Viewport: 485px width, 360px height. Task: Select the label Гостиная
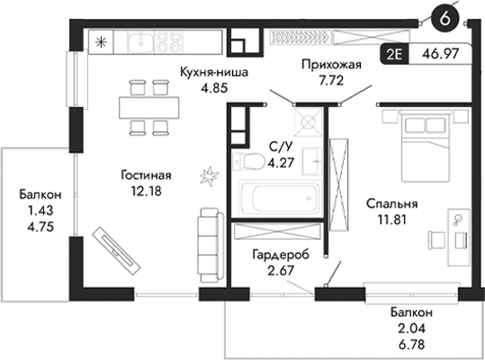146,175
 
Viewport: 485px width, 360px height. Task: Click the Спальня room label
391,202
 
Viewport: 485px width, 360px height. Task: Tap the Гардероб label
280,255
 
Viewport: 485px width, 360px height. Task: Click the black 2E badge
393,53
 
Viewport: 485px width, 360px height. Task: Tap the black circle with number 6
441,15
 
